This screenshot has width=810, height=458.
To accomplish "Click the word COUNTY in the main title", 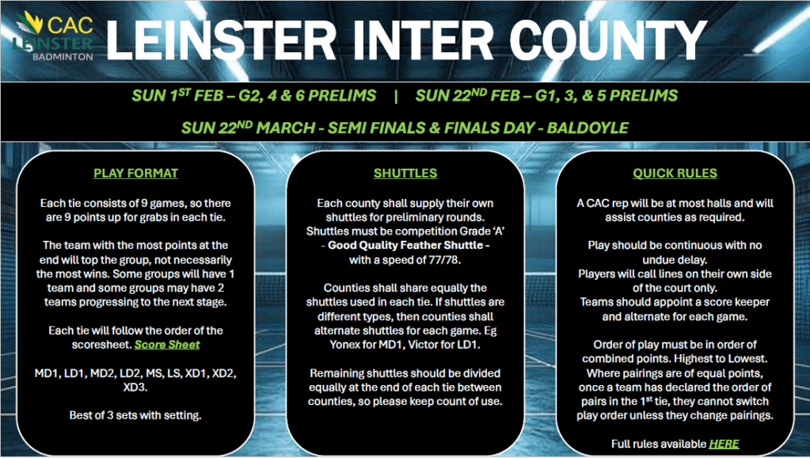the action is pos(608,40).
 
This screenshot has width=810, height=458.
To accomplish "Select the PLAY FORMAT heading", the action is pos(135,174).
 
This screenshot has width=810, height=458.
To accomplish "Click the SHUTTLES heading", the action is pos(405,174).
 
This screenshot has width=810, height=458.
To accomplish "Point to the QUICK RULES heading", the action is pos(675,174).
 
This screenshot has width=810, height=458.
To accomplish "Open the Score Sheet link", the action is pos(167,345).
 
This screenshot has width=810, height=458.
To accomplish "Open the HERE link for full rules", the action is pos(724,444).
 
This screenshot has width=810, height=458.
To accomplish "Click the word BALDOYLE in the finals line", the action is pos(588,128).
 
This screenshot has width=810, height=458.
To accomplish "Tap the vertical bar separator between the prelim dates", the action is pos(396,96).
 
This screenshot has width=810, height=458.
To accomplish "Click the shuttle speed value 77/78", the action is pos(443,260).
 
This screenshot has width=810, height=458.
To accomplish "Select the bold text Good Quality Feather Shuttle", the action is pos(405,246).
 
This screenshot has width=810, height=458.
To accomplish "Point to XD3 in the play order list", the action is pos(135,387).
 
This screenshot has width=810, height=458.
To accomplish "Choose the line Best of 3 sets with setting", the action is pos(135,415).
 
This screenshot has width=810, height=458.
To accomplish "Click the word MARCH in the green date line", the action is pos(285,128).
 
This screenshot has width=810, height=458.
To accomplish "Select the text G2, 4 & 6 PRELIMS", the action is pos(307,96).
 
